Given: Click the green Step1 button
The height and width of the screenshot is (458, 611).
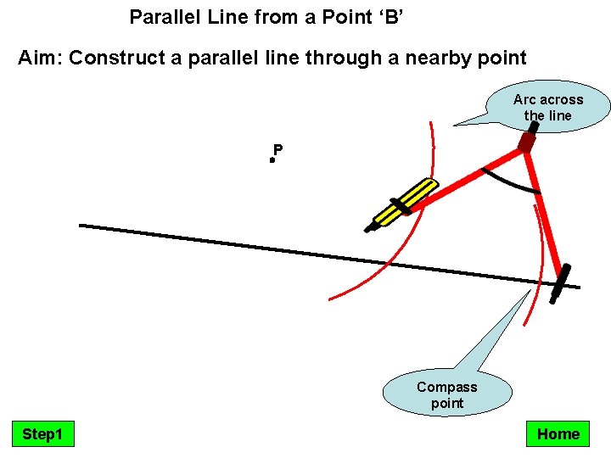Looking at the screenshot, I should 42,434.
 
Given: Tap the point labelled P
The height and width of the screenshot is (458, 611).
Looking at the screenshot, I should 272,159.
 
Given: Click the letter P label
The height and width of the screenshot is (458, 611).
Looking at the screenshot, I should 278,150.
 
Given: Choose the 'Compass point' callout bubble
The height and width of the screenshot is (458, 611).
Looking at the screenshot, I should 447,395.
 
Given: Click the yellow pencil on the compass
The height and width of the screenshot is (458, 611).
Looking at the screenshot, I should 405,204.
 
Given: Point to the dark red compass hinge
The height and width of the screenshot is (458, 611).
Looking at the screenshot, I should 527,142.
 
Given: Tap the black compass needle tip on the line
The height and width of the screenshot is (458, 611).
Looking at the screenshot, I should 559,284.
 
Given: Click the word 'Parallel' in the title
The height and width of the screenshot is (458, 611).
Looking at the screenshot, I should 160,16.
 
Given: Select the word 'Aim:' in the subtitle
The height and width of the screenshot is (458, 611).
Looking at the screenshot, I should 40,59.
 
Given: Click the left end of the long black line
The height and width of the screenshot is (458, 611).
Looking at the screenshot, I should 81,226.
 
